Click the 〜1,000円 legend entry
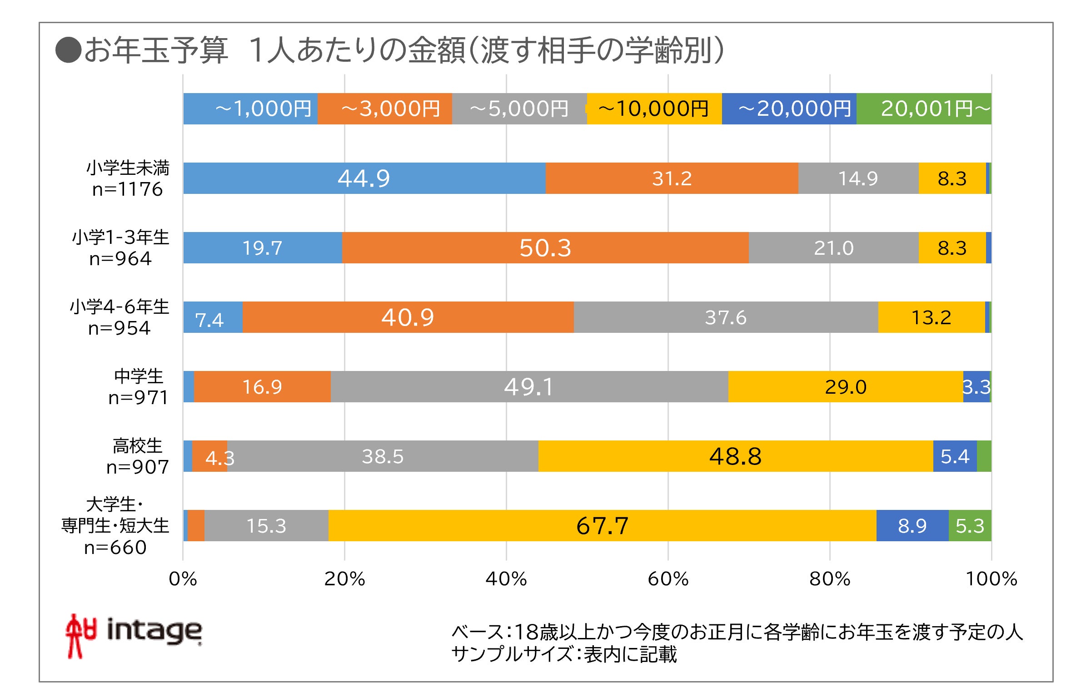250,109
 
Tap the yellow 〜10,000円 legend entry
654,109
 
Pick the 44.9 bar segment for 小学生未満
364,178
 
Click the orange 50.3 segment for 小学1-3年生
545,247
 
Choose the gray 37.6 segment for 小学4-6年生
725,317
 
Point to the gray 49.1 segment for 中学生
529,386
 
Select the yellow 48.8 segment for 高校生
735,456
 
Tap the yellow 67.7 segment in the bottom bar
602,525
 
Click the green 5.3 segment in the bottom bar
970,525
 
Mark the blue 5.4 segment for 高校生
955,456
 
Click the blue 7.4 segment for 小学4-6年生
212,317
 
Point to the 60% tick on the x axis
668,579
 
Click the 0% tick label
183,579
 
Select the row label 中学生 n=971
138,386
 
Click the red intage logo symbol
80,635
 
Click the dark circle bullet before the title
68,49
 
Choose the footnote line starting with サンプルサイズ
563,654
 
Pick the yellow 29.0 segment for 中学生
845,386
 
